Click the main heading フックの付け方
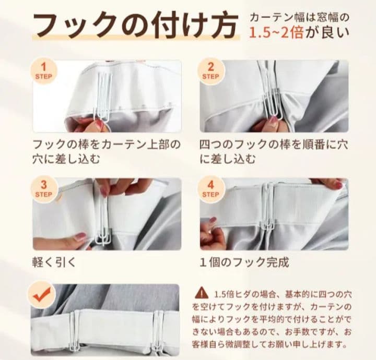(135, 26)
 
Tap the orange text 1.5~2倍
(276, 33)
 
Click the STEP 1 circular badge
(43, 71)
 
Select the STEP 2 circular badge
(211, 71)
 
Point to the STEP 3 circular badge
(43, 189)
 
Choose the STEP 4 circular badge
(211, 189)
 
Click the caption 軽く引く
(54, 263)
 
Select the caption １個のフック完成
(244, 263)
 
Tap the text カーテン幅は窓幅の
(299, 18)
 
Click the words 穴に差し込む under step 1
(66, 159)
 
